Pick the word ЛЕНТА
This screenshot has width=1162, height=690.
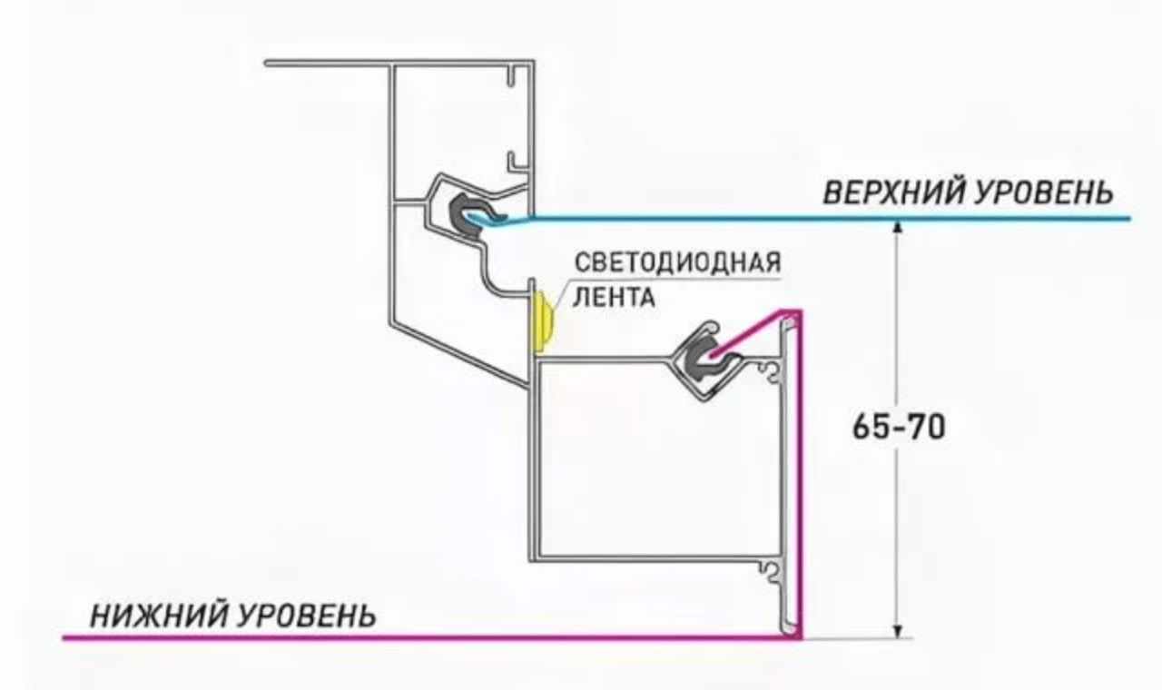coord(615,297)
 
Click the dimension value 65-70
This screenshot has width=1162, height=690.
coord(899,428)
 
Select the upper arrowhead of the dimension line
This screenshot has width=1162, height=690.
coord(896,230)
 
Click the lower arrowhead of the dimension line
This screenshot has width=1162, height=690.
coord(896,629)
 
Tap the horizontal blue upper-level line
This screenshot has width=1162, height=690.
coord(817,219)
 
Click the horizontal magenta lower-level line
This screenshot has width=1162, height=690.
coord(409,638)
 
